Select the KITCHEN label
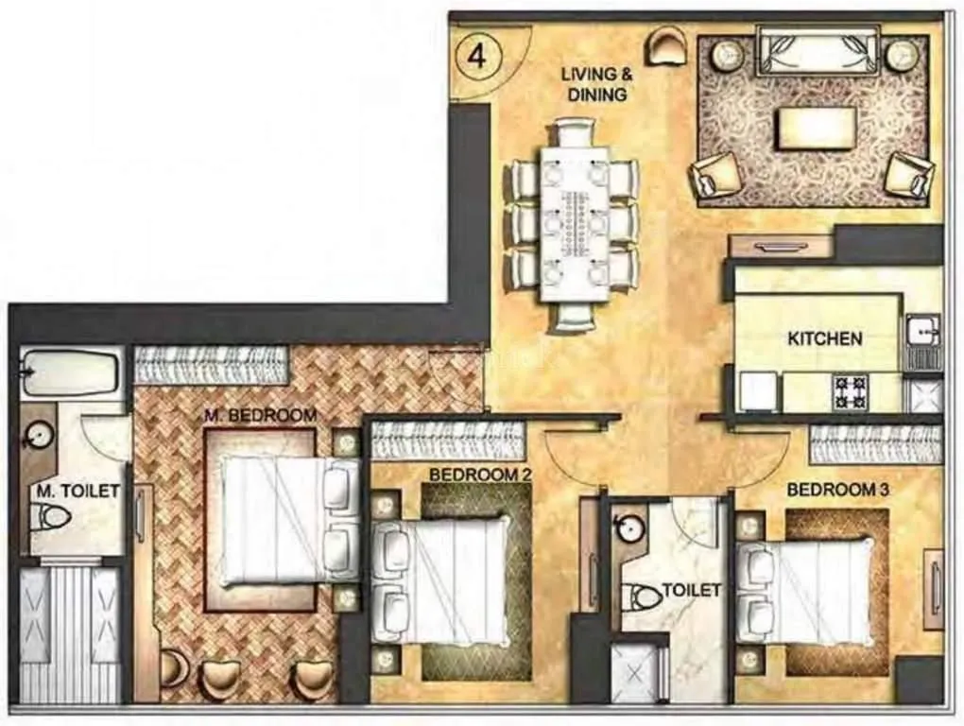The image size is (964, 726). coord(824,337)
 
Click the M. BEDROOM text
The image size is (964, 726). coord(260,415)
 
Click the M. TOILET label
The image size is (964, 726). coord(78,491)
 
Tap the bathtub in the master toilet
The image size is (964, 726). coord(69,372)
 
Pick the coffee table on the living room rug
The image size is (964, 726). coord(817,128)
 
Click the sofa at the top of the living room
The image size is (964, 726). coord(818,50)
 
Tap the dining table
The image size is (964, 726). coord(575,222)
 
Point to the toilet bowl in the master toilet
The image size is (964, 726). coord(52,516)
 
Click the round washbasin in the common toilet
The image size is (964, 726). coord(627,528)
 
